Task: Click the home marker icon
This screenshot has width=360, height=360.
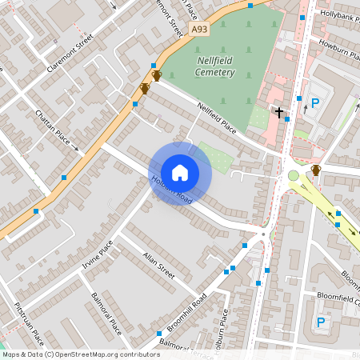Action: pos(180,172)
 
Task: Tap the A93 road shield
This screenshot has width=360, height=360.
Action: pos(199,30)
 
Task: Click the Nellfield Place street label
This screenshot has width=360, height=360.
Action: pos(218,117)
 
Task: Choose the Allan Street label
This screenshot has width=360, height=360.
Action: pos(158,263)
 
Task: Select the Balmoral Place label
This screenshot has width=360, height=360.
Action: pos(106,314)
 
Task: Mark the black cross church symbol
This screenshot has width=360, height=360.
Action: pos(279,113)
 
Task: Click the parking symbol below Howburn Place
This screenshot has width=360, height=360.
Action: pos(315,102)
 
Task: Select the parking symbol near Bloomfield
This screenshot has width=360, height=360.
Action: pos(321,322)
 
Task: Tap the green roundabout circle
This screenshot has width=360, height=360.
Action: pos(294,175)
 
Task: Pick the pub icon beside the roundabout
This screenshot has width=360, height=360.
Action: pos(316,170)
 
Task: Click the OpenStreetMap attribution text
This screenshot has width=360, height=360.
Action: pos(81,354)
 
